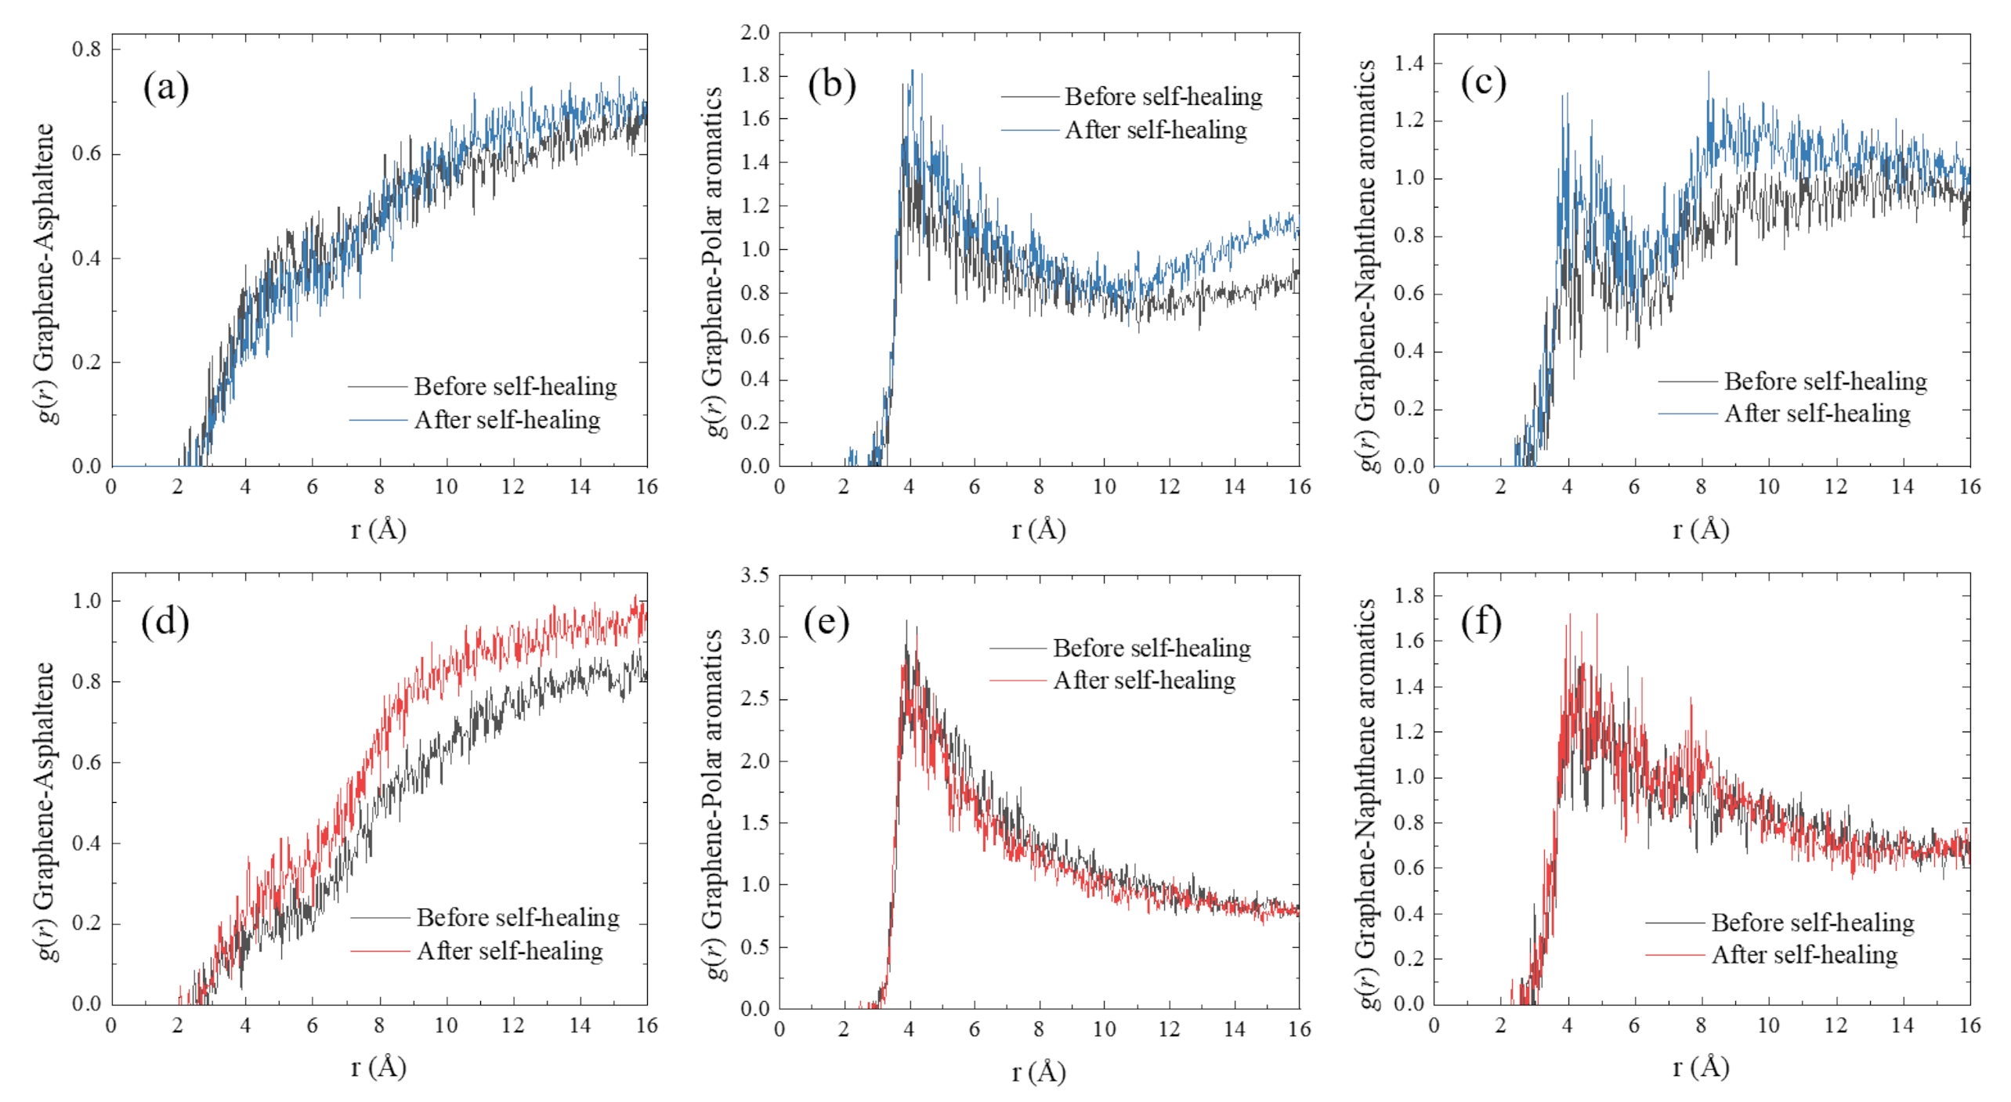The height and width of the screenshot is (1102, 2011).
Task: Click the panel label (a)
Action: coord(165,88)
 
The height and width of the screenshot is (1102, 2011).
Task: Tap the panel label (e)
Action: coord(826,623)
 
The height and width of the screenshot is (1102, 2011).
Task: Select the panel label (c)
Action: coord(1483,83)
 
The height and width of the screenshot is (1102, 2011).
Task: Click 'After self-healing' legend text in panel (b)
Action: coord(1156,130)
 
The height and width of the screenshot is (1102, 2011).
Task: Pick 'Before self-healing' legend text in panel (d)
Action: coord(518,917)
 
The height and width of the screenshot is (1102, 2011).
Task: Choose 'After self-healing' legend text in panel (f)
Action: coord(1804,955)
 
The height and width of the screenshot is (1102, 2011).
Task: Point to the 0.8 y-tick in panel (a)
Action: coord(87,49)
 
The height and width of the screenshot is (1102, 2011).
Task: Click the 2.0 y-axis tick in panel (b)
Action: coord(755,33)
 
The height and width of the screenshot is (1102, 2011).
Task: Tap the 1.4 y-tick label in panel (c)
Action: coord(1409,63)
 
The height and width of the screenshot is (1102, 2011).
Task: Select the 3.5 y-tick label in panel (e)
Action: coord(755,576)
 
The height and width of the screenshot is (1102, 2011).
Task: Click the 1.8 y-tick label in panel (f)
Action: coord(1409,596)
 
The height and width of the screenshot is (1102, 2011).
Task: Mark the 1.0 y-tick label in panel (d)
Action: coord(87,601)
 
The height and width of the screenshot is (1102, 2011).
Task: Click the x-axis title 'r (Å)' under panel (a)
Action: coord(378,530)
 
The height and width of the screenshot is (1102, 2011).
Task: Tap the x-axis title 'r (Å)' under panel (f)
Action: coord(1701,1068)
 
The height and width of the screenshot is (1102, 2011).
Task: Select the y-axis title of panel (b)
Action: coord(712,262)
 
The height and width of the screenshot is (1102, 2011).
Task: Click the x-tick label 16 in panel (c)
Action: coord(1969,487)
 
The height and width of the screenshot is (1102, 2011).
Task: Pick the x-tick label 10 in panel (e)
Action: coord(1104,1029)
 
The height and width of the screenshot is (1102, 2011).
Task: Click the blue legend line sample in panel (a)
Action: coord(378,421)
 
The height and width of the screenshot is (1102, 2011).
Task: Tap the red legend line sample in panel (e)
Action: coord(1018,681)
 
